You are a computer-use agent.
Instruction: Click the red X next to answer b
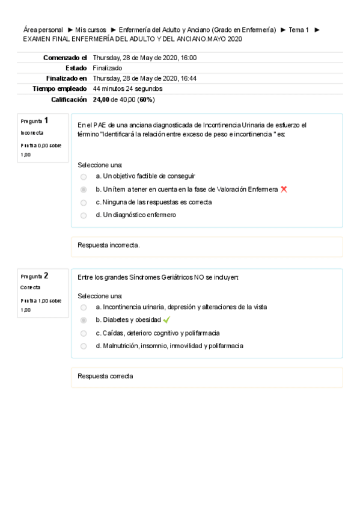[284, 189]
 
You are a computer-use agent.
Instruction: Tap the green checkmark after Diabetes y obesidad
[166, 320]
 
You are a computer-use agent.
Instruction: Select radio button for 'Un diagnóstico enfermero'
[84, 215]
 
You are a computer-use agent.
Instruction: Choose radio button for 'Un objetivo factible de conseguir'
[84, 177]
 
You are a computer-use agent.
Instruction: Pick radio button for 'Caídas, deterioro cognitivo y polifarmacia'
[84, 333]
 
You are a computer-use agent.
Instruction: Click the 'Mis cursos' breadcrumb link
[91, 29]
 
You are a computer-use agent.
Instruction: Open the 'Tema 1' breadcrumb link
[299, 29]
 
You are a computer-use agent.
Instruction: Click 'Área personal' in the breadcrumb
[43, 29]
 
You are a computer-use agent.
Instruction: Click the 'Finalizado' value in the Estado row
[108, 68]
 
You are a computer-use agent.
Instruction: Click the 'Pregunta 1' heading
[35, 121]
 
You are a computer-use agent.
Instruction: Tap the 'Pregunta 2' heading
[35, 276]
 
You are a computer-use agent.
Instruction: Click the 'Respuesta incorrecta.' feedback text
[109, 245]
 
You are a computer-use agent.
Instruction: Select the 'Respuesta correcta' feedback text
[106, 376]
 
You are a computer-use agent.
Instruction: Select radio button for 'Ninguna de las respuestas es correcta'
[84, 203]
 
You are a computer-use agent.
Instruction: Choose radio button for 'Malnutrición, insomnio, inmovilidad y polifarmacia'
[84, 346]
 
